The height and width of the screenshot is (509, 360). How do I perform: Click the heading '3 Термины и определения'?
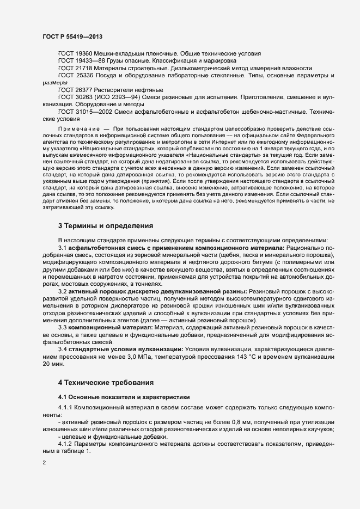(105, 225)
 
